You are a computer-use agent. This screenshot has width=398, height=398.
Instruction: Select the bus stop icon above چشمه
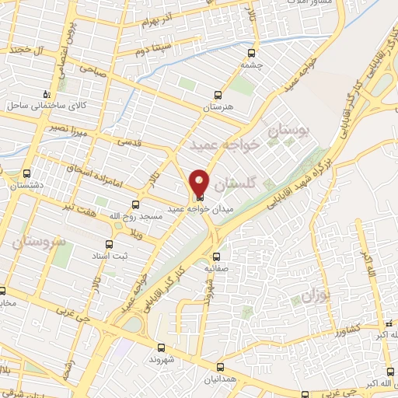pos(251,53)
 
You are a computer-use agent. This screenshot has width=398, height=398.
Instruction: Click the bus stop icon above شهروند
pos(161,347)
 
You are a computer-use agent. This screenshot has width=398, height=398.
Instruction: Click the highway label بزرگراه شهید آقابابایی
pos(302,180)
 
